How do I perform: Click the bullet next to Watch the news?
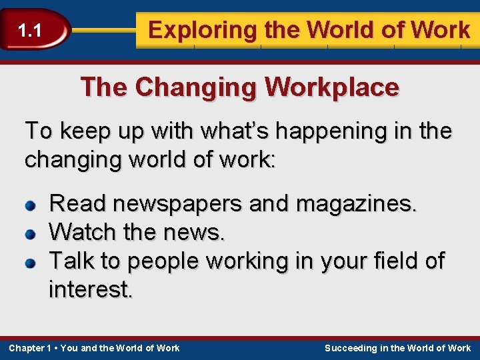30,235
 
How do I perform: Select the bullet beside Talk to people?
30,263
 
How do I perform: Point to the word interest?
91,289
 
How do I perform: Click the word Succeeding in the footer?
350,348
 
